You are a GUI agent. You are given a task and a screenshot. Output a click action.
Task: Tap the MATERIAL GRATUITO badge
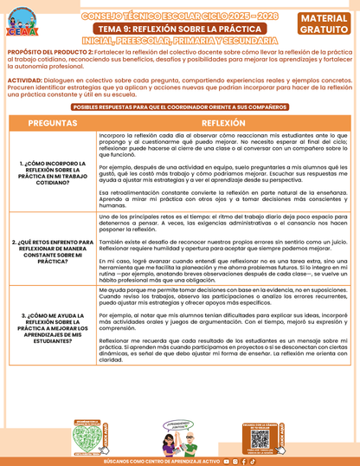click(326, 23)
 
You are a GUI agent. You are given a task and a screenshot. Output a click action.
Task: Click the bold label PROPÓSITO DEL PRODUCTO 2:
click(47, 53)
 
